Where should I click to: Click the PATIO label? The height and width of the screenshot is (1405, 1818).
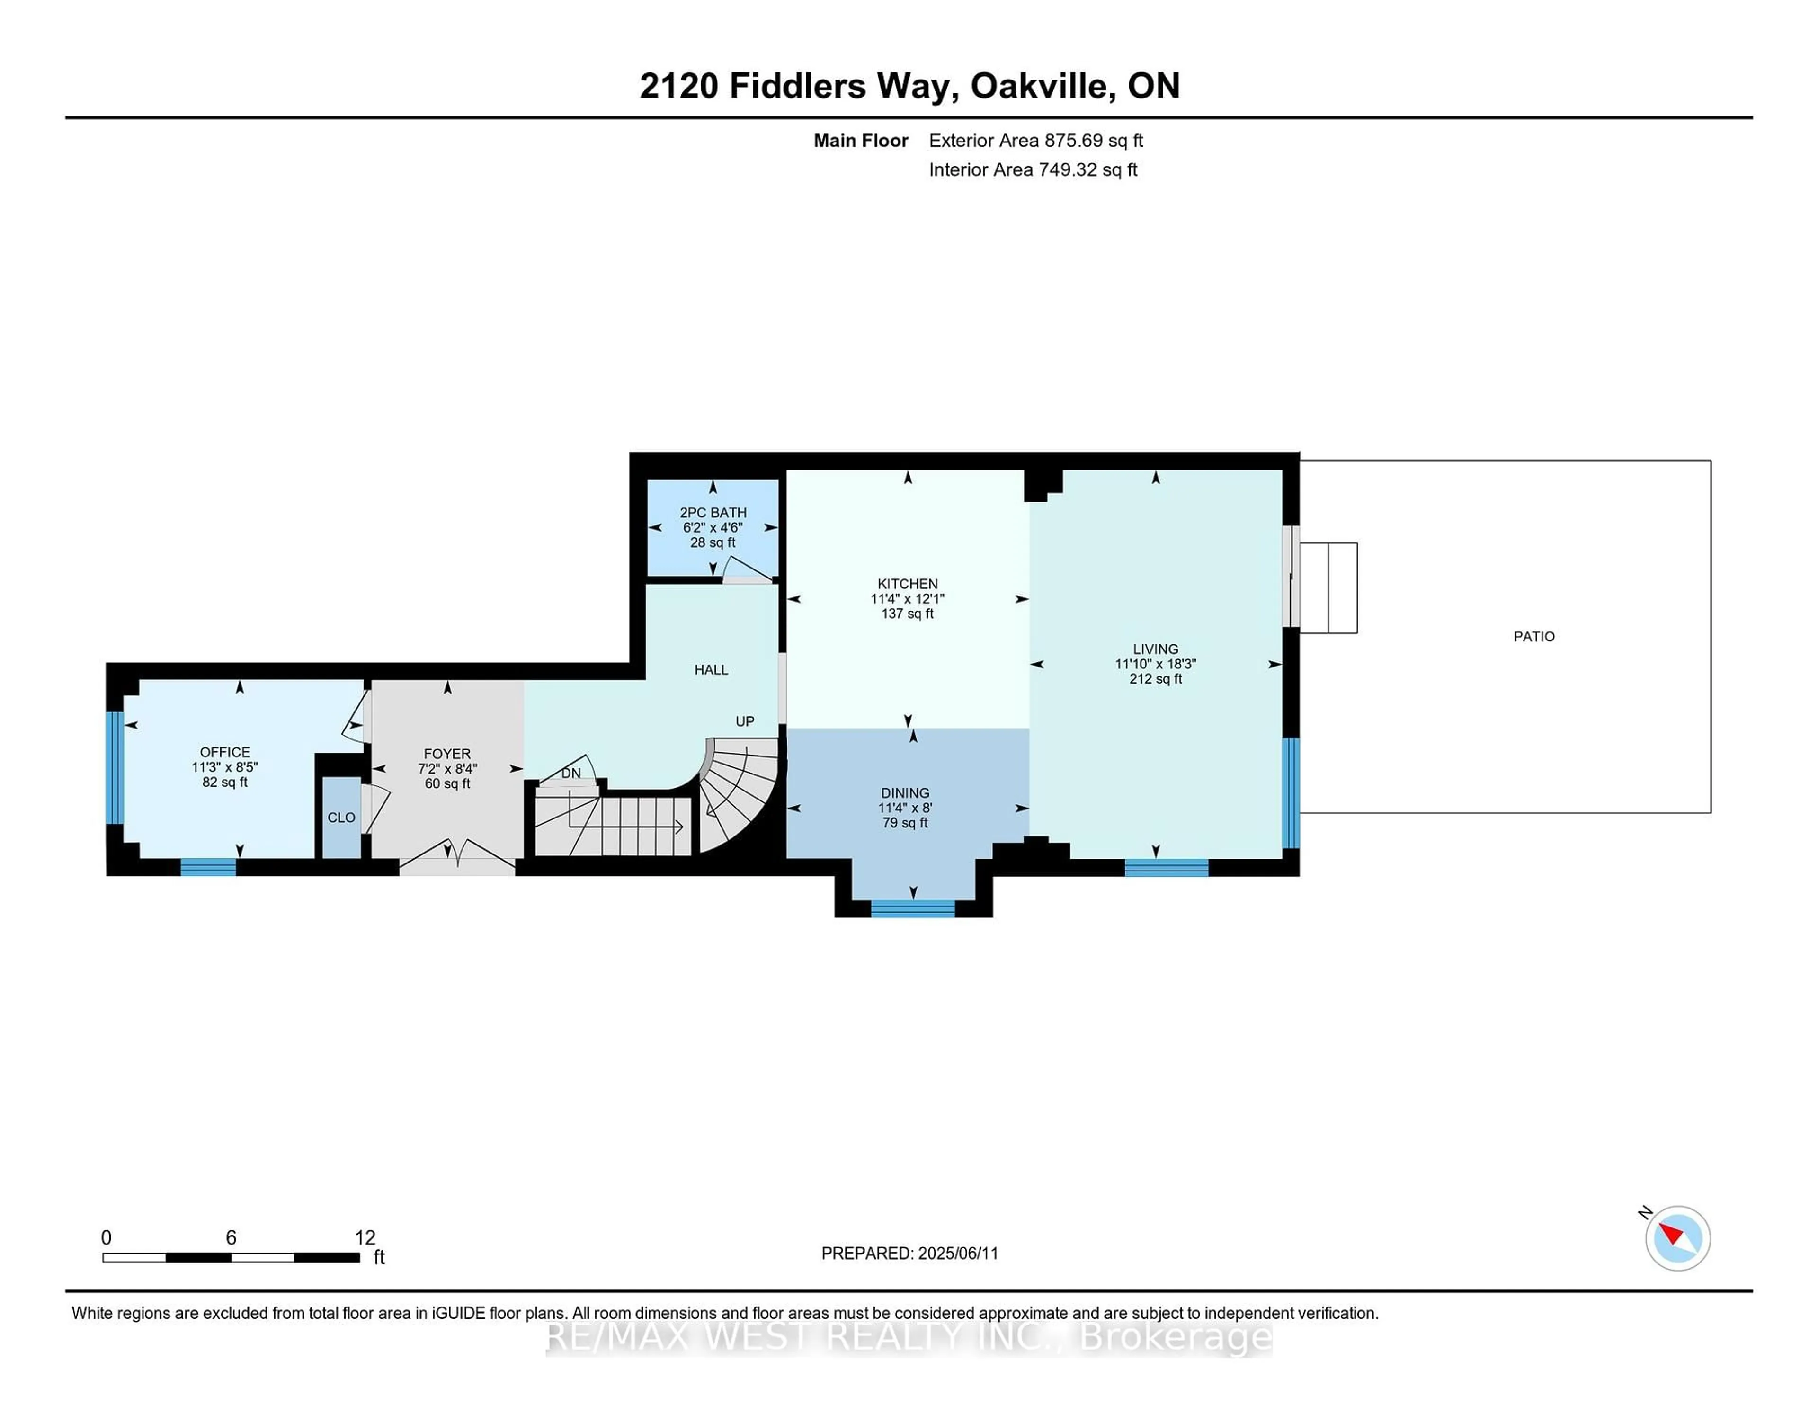[1533, 637]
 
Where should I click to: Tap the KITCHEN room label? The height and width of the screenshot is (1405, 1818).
[907, 584]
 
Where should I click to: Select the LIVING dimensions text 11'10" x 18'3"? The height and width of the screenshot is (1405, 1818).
[1155, 664]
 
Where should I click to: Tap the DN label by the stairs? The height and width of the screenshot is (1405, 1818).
[570, 773]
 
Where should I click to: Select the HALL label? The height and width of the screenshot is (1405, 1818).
[711, 670]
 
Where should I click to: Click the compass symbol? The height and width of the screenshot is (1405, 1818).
[1677, 1238]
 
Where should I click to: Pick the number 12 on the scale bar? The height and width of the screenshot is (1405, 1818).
[365, 1238]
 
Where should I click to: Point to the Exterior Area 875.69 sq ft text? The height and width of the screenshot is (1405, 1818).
[1035, 141]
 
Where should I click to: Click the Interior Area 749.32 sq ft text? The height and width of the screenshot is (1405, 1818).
[1032, 170]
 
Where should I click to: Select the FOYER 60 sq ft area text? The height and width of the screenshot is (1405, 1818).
[447, 784]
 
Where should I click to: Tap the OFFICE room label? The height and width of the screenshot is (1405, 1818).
[225, 752]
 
